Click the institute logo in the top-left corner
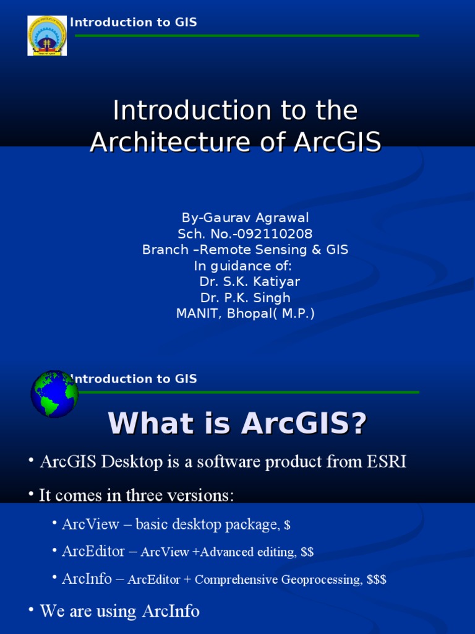(47, 36)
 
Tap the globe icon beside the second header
(54, 394)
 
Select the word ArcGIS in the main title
(336, 142)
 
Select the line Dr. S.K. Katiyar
(249, 282)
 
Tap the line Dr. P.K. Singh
(245, 298)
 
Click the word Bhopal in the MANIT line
(252, 314)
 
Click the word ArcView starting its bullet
(90, 524)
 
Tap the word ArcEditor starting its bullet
(95, 551)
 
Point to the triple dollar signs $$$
(377, 580)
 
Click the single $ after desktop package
(287, 526)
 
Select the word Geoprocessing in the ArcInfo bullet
(322, 580)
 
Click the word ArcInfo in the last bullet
(171, 612)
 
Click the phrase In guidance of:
(242, 266)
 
